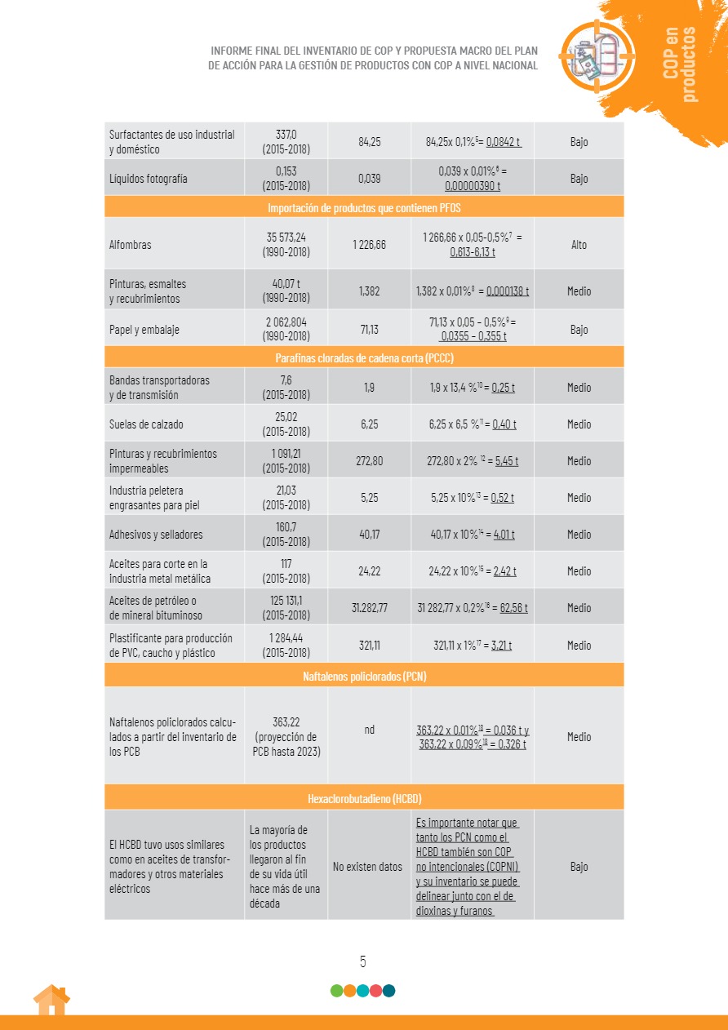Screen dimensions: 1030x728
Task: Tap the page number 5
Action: pos(363,961)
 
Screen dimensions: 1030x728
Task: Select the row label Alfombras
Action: pos(131,245)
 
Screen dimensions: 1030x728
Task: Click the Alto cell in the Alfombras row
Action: pos(579,245)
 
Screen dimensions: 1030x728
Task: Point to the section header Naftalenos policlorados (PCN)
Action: pos(364,676)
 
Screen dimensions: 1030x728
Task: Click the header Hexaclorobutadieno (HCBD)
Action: pos(364,797)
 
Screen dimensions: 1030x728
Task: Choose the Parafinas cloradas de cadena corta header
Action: pos(364,357)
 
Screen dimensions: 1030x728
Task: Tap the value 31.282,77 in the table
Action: pos(369,607)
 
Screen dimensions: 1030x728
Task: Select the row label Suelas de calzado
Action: pos(146,424)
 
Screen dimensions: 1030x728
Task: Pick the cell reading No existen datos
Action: pos(368,866)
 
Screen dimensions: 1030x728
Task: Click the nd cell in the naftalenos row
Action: pos(369,730)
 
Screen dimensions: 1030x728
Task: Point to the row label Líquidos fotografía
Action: pos(149,178)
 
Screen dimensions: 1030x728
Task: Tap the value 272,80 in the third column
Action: pos(369,461)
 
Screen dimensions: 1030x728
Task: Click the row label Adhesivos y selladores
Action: pos(156,535)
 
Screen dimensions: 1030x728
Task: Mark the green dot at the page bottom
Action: pos(337,991)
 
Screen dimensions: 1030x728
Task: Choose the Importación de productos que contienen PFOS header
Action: pos(364,207)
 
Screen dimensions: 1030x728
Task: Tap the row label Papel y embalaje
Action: pos(144,330)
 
